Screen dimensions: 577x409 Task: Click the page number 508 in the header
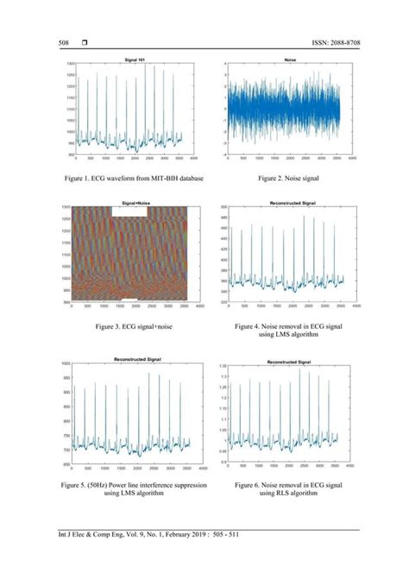63,42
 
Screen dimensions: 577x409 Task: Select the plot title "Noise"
284,58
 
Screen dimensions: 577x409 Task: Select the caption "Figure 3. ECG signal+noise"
135,328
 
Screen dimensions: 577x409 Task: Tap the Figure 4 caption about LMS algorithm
283,332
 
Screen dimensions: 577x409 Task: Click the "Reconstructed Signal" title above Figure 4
284,203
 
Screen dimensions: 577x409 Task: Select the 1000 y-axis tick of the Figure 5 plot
66,364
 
